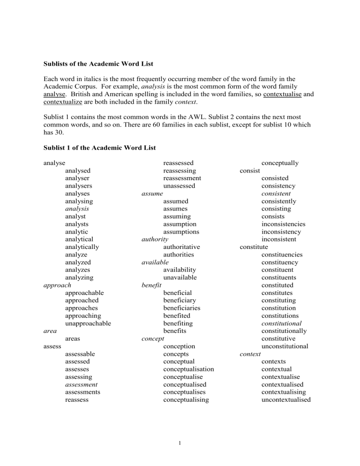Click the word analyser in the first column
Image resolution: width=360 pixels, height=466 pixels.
(x=77, y=178)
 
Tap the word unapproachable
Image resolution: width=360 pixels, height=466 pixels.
(x=88, y=323)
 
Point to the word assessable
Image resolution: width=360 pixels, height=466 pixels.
(x=80, y=353)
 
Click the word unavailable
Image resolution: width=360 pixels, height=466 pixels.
(x=180, y=278)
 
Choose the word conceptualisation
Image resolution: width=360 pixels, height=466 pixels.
(x=188, y=369)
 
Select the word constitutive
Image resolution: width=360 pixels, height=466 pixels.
(x=279, y=338)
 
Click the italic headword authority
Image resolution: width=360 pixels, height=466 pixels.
(x=155, y=240)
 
